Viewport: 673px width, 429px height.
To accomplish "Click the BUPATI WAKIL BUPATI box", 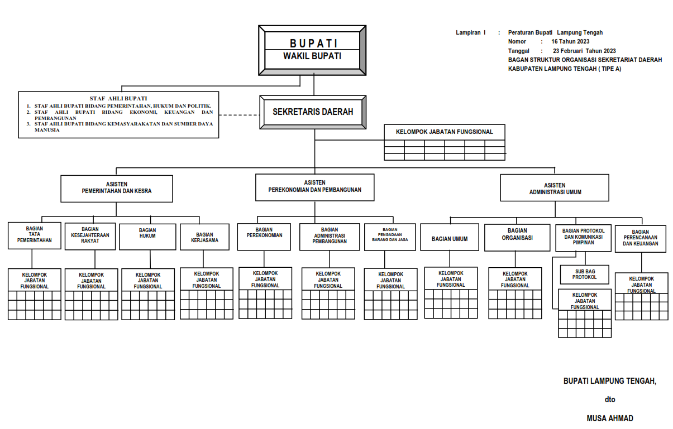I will click(312, 50).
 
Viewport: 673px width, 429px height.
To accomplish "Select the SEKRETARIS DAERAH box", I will click(313, 112).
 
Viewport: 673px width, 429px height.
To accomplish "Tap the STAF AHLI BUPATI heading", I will click(118, 98).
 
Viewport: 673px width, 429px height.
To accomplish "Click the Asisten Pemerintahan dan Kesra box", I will click(116, 188).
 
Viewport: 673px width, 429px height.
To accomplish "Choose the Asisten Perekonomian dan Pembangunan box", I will click(314, 186).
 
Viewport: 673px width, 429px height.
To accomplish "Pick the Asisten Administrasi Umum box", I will click(555, 188).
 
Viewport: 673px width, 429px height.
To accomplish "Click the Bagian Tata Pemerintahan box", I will click(35, 235).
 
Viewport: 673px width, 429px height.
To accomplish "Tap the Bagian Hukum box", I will click(148, 236).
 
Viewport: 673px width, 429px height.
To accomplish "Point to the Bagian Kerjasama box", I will click(204, 237).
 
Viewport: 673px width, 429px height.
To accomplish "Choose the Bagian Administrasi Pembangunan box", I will click(329, 237).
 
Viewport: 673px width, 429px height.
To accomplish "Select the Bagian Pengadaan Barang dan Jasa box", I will click(390, 237).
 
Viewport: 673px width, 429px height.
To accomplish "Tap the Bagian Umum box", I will click(450, 238).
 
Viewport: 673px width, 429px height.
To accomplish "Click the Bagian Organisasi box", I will click(517, 238).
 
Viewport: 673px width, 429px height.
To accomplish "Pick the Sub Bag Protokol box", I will click(584, 274).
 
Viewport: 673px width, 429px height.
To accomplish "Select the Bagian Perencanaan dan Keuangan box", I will click(641, 239).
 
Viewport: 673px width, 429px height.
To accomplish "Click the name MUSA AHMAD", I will click(610, 418).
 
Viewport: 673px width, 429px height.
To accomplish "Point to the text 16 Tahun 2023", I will click(570, 42).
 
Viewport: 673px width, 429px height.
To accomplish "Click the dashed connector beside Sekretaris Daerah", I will click(240, 115).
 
